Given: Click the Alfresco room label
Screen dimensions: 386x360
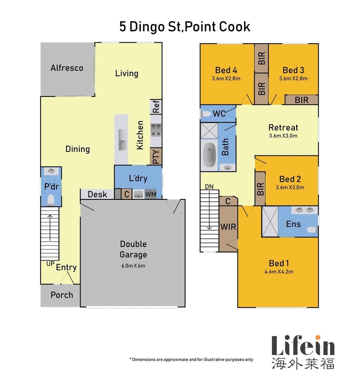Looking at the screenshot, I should (x=67, y=68).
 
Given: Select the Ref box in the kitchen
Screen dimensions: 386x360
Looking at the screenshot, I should (x=156, y=107).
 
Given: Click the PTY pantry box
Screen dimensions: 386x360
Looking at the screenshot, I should (x=156, y=157).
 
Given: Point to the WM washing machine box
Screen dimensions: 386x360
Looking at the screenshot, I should (x=150, y=194).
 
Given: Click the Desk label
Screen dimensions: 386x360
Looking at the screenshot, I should (x=97, y=194).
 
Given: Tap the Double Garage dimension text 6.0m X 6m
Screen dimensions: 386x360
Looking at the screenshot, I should (x=133, y=266).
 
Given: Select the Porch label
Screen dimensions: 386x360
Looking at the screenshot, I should (x=62, y=295).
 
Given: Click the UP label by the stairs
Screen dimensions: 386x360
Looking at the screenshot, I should (x=50, y=263).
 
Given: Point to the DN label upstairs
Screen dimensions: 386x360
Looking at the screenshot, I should (x=209, y=187).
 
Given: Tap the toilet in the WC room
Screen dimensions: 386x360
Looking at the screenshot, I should (x=206, y=114).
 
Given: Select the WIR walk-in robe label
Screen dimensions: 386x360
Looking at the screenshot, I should (x=228, y=227).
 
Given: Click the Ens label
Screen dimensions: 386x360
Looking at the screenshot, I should (x=293, y=224).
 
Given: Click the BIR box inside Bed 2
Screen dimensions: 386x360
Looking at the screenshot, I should (x=260, y=188).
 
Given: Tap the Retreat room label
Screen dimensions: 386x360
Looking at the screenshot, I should (x=283, y=128).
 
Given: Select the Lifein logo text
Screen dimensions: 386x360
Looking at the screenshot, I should (x=303, y=346).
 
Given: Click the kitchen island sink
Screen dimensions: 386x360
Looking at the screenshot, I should (x=122, y=144).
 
